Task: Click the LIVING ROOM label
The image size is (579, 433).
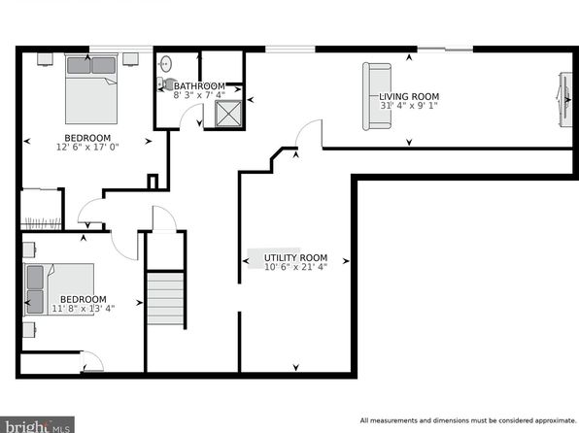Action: (409, 96)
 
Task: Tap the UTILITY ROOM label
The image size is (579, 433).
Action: (295, 257)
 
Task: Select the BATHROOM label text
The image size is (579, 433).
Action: (199, 86)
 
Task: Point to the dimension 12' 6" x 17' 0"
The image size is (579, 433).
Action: (87, 147)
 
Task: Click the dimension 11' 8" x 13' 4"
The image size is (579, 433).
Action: (84, 308)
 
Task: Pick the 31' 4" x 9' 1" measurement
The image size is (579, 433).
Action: (409, 106)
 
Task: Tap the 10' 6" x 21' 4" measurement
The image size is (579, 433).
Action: (295, 267)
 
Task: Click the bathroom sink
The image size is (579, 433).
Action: (165, 64)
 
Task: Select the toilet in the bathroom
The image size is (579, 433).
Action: (166, 83)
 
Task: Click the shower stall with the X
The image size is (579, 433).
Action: (228, 114)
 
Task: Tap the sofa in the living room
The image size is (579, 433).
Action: (377, 96)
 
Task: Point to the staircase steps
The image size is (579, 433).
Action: (165, 298)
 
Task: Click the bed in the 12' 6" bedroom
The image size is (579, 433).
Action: (91, 89)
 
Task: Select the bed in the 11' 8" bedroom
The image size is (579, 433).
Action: (58, 289)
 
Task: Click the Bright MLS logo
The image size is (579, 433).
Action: (37, 425)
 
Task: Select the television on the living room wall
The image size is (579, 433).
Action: (565, 100)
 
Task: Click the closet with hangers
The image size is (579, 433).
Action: (41, 210)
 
